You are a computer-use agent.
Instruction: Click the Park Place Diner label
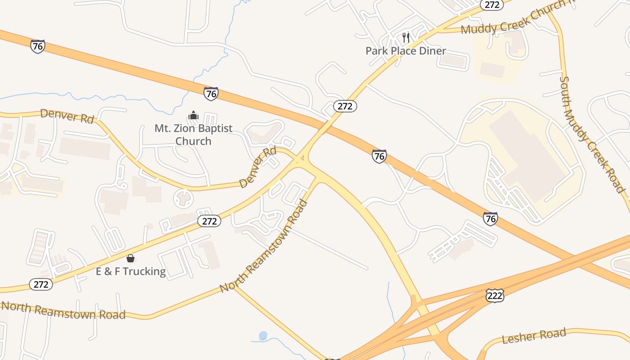tap(405, 51)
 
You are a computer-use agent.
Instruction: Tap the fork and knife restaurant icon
tap(406, 37)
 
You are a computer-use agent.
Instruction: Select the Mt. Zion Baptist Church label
tap(193, 135)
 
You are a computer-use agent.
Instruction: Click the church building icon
tap(193, 116)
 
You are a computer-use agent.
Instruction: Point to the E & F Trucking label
tap(131, 271)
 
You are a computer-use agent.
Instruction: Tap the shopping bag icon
tap(130, 258)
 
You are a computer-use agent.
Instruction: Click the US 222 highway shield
tap(495, 295)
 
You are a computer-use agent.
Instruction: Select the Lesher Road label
tap(534, 336)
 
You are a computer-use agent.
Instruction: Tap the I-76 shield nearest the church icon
tap(211, 94)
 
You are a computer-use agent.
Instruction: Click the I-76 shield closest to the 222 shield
tap(490, 219)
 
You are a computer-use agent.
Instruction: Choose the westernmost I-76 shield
tap(38, 46)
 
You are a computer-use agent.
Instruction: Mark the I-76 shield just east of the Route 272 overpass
tap(379, 156)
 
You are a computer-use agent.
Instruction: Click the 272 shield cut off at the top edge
tap(491, 4)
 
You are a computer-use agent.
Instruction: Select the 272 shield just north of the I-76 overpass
tap(345, 106)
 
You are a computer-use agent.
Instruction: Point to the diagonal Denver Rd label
tap(258, 167)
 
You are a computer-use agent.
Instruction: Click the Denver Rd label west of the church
tap(67, 116)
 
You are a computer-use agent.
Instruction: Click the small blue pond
tap(263, 336)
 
